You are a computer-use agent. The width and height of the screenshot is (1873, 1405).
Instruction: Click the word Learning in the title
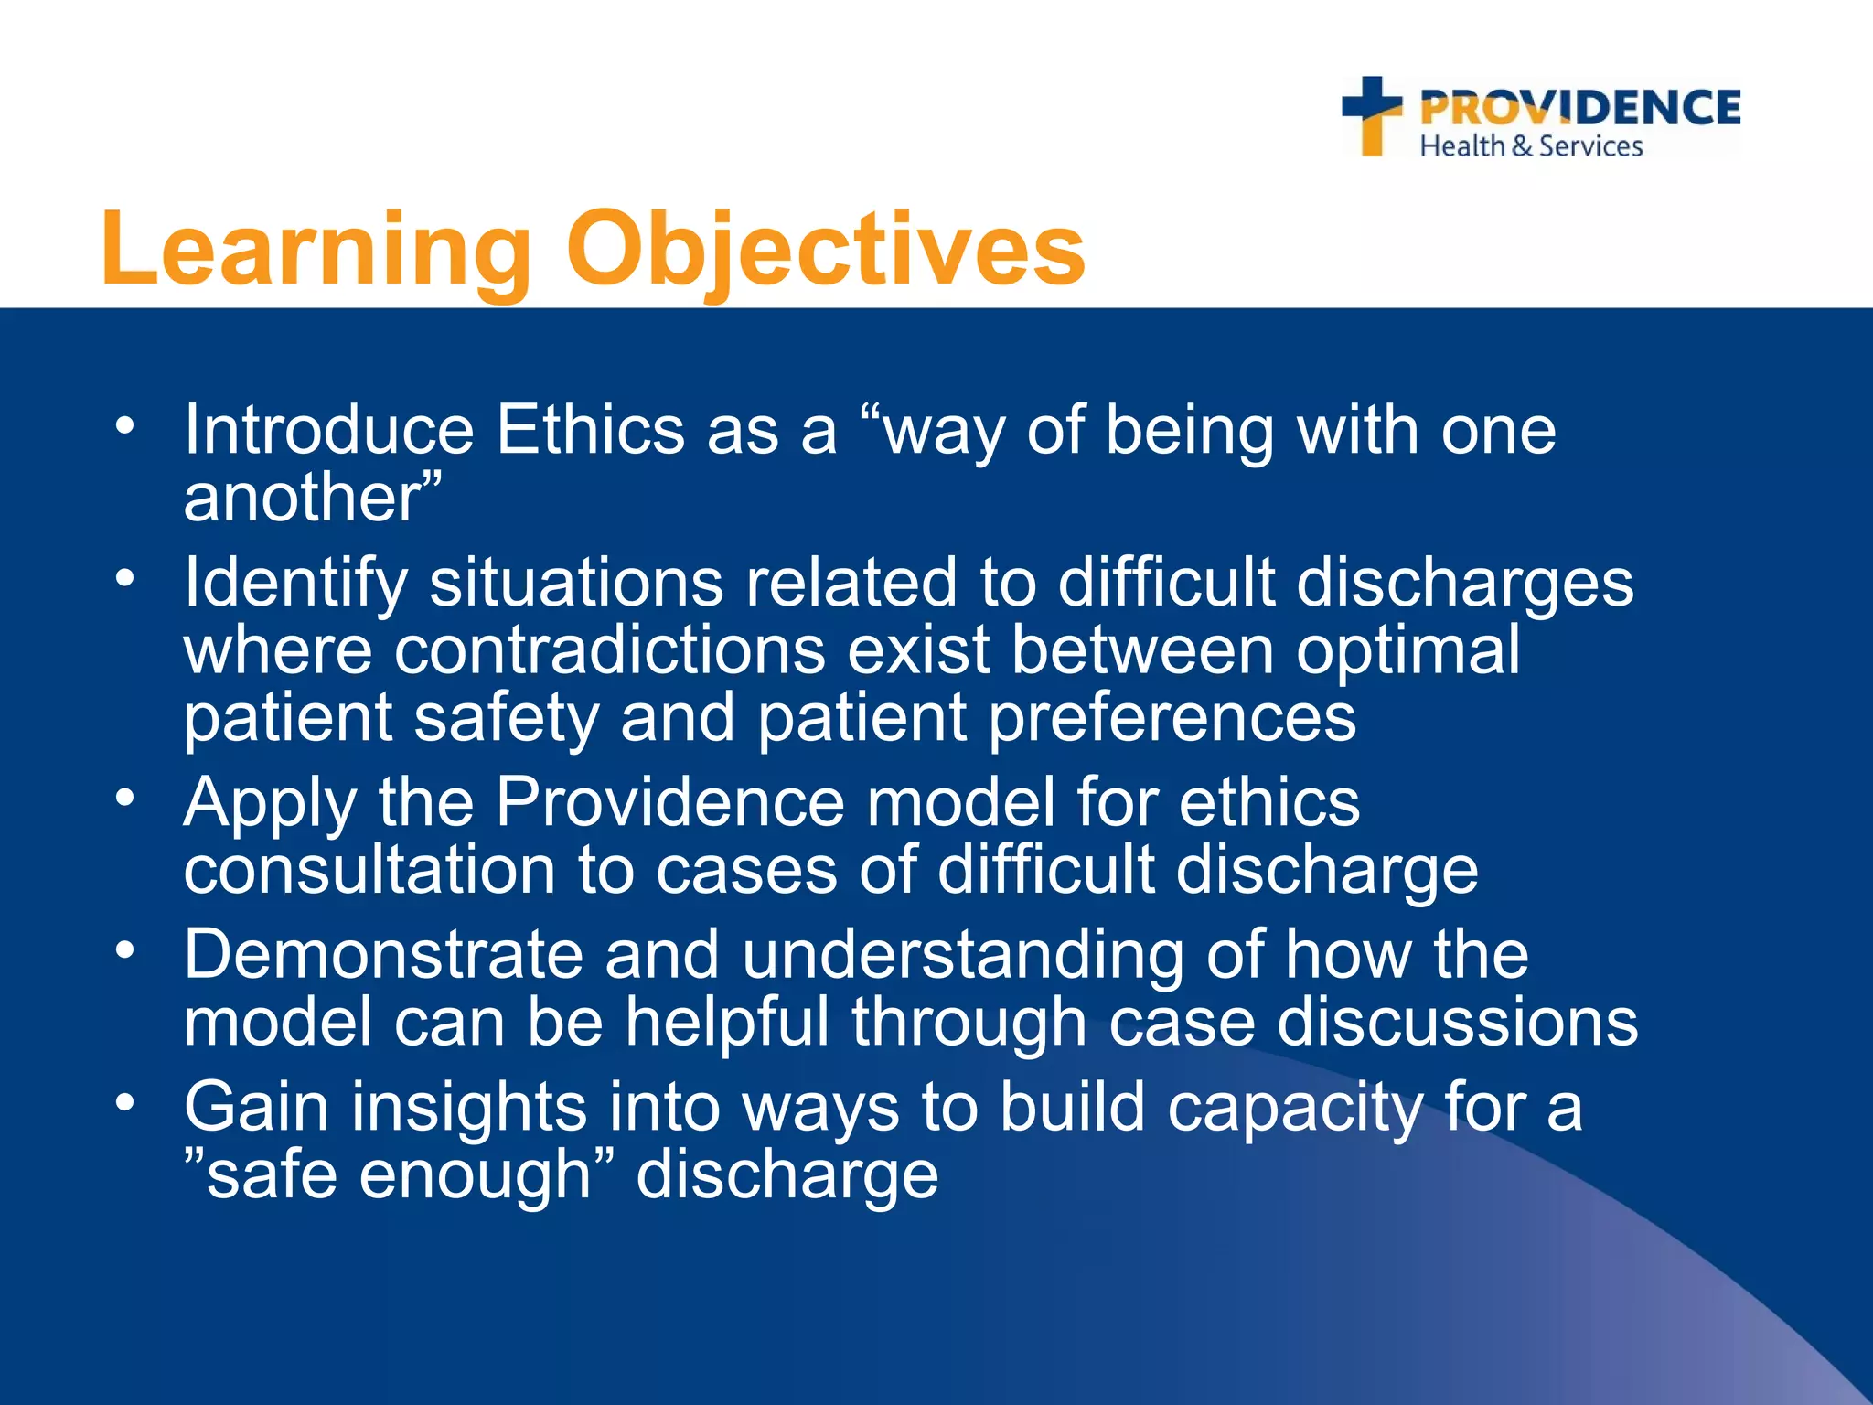click(x=316, y=250)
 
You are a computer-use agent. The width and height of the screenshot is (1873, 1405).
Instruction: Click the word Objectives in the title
click(x=826, y=250)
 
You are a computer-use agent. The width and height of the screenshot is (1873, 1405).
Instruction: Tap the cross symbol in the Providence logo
click(x=1372, y=114)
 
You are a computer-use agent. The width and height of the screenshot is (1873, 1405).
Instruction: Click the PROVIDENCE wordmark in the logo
click(x=1580, y=108)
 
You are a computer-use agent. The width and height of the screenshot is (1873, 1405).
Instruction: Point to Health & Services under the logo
click(x=1531, y=146)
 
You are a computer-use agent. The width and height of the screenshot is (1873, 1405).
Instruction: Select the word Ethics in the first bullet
click(x=590, y=430)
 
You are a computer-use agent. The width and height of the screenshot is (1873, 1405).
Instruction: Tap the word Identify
click(x=295, y=583)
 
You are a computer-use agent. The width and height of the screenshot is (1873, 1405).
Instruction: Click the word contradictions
click(x=609, y=650)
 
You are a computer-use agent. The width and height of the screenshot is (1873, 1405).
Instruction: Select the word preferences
click(x=1172, y=718)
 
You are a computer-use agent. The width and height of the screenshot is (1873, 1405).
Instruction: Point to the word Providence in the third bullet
click(x=669, y=802)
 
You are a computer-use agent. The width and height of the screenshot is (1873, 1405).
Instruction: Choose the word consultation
click(x=369, y=870)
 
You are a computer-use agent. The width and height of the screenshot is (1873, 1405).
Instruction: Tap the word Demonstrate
click(x=383, y=955)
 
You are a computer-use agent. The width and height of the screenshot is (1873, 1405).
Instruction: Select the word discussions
click(x=1457, y=1023)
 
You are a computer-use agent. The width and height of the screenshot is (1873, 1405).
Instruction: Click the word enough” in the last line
click(x=486, y=1175)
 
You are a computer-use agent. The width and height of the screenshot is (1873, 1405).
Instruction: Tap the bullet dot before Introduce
click(x=125, y=425)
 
